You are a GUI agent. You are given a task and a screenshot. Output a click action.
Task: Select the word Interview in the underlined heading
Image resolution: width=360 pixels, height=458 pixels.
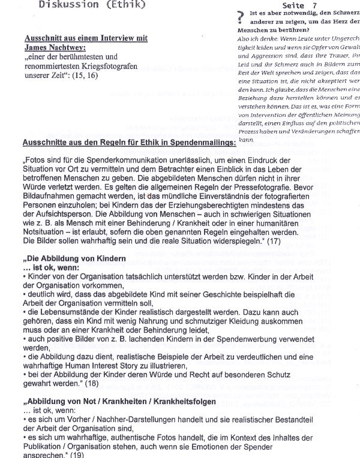click(x=107, y=37)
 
